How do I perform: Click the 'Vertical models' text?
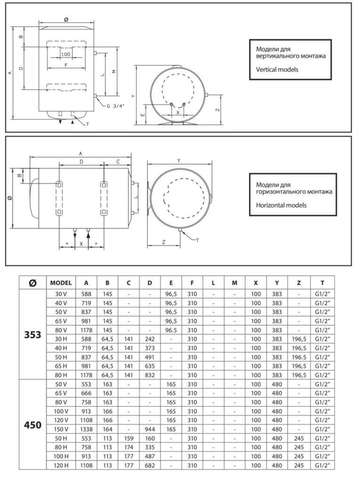pos(277,70)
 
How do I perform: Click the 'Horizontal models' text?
pos(281,205)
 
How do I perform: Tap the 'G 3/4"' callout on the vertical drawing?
pos(115,106)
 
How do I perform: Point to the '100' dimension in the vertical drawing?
pos(65,54)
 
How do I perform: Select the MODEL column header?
pos(61,283)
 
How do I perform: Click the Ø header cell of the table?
pos(33,283)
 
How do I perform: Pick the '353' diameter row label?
pos(33,334)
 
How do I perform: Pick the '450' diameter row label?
pos(33,425)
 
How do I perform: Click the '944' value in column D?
pos(149,429)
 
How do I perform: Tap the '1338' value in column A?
pos(86,429)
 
